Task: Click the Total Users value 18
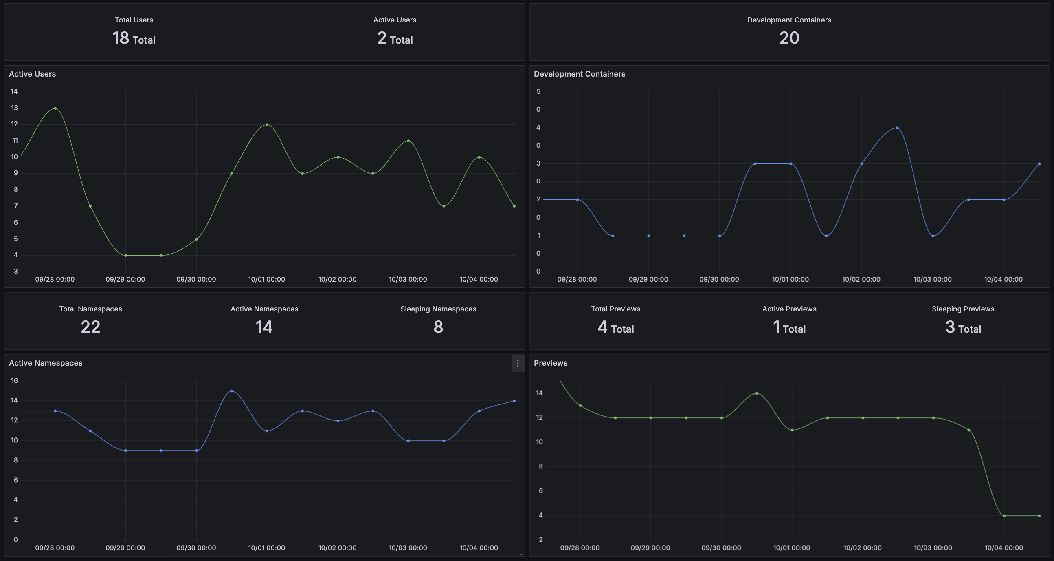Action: point(121,38)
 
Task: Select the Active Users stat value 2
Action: point(382,38)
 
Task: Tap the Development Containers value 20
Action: point(789,38)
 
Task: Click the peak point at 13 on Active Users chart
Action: point(55,108)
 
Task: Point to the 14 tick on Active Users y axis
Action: point(14,91)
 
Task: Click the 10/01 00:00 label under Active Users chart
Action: point(266,279)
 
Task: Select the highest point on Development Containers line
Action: point(897,128)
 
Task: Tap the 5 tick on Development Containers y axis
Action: point(538,91)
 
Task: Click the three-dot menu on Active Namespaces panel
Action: point(518,363)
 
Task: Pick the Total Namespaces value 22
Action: point(90,327)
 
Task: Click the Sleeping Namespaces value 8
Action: point(438,327)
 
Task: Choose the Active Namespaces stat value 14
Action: point(264,327)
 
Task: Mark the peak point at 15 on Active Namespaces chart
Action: point(232,391)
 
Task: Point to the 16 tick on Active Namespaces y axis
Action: point(14,380)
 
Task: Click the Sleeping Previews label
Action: point(963,309)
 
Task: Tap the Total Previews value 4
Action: point(602,327)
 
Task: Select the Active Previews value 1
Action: point(776,327)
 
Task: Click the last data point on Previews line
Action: point(1039,516)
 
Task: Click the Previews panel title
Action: point(550,363)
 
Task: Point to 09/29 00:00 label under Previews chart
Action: point(650,548)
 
